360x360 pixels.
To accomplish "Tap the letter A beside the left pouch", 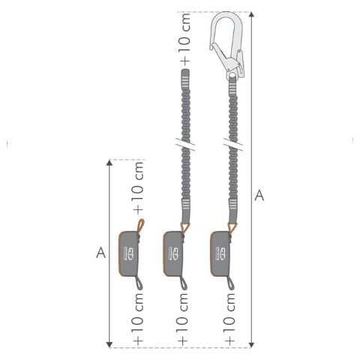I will pos(100,253).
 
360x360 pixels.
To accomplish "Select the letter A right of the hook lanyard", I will pos(259,195).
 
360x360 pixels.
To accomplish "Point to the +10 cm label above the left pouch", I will pos(139,188).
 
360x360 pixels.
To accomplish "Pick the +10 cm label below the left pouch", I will pos(139,319).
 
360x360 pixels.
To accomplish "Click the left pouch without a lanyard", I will pos(129,253).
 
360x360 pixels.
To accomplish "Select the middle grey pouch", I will pos(174,253).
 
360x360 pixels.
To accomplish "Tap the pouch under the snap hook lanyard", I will pos(220,253).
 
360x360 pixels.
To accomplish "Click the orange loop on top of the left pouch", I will pos(140,226).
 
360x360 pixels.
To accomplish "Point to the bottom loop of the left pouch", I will pos(139,283).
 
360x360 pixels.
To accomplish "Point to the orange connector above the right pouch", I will pos(232,227).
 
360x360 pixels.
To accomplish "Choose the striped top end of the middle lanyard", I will pos(185,79).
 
